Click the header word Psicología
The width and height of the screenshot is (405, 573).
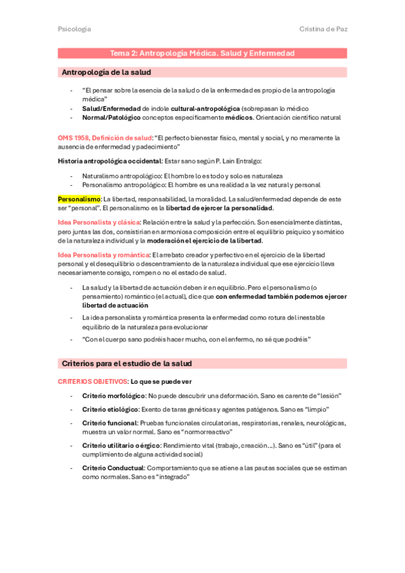click(x=74, y=29)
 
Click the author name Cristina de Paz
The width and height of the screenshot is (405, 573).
click(x=323, y=29)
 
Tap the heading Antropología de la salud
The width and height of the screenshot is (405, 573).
click(x=106, y=72)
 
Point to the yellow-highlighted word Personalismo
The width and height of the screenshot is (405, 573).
click(x=78, y=199)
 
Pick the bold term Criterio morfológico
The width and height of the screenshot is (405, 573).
click(x=113, y=395)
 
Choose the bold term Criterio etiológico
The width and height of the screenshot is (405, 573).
click(x=110, y=409)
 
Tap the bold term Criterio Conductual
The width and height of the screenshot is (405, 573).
click(x=113, y=468)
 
